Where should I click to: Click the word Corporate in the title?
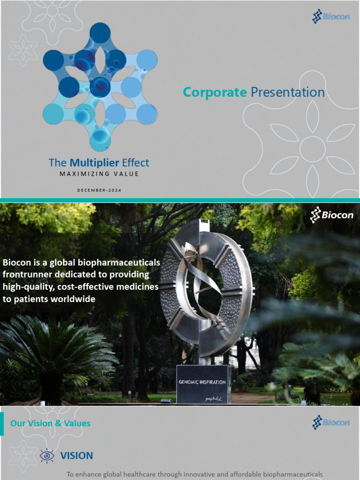pyautogui.click(x=215, y=92)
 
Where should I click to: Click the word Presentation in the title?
pyautogui.click(x=287, y=92)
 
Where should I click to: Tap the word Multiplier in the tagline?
pyautogui.click(x=93, y=163)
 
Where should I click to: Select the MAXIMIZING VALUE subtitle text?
pyautogui.click(x=99, y=174)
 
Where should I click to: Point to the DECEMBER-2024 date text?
pyautogui.click(x=99, y=190)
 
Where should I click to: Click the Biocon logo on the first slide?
pyautogui.click(x=331, y=17)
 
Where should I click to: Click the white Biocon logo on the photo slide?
pyautogui.click(x=331, y=215)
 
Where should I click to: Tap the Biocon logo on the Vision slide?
pyautogui.click(x=331, y=422)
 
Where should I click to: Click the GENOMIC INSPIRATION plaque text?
pyautogui.click(x=202, y=382)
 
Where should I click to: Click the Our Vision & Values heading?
pyautogui.click(x=50, y=423)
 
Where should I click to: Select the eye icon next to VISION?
pyautogui.click(x=47, y=455)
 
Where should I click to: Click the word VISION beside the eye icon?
pyautogui.click(x=76, y=456)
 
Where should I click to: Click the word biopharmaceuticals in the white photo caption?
pyautogui.click(x=126, y=262)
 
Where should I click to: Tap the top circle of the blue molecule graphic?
pyautogui.click(x=100, y=33)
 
